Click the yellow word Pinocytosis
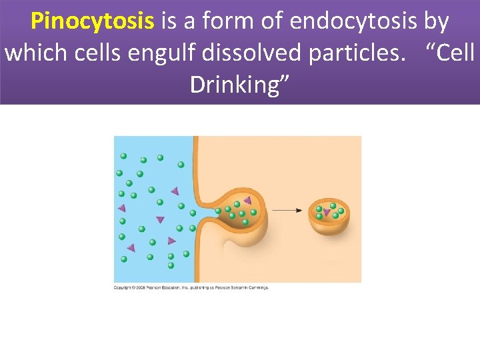92,22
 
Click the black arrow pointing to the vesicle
287,210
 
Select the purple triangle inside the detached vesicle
327,213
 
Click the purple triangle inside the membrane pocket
247,200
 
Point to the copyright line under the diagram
191,288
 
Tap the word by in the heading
436,22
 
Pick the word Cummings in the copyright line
257,288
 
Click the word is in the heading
168,22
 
